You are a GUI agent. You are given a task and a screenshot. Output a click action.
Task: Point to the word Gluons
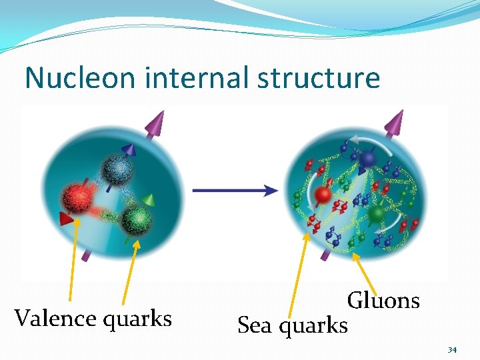pos(383,301)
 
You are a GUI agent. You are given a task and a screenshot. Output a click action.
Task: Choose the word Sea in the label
pos(255,325)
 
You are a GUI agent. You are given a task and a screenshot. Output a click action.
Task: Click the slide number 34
pos(452,349)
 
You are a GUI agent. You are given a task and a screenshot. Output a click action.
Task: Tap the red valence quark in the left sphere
pos(79,198)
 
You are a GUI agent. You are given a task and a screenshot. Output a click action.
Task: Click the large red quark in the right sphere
pos(323,195)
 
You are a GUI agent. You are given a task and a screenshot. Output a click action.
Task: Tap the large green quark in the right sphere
pos(377,214)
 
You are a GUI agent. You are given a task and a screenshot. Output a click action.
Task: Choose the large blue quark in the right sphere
pos(368,158)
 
